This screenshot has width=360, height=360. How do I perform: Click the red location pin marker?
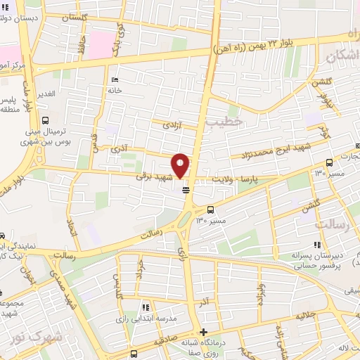[x=181, y=165]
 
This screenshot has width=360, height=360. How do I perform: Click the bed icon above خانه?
[x=115, y=79]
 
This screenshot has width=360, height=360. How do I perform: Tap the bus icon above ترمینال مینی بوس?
[x=46, y=121]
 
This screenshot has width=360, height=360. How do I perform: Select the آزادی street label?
[x=172, y=124]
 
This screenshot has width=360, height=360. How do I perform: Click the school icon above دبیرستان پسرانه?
[x=316, y=245]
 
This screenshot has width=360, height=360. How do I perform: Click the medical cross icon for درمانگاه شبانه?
[x=204, y=332]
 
